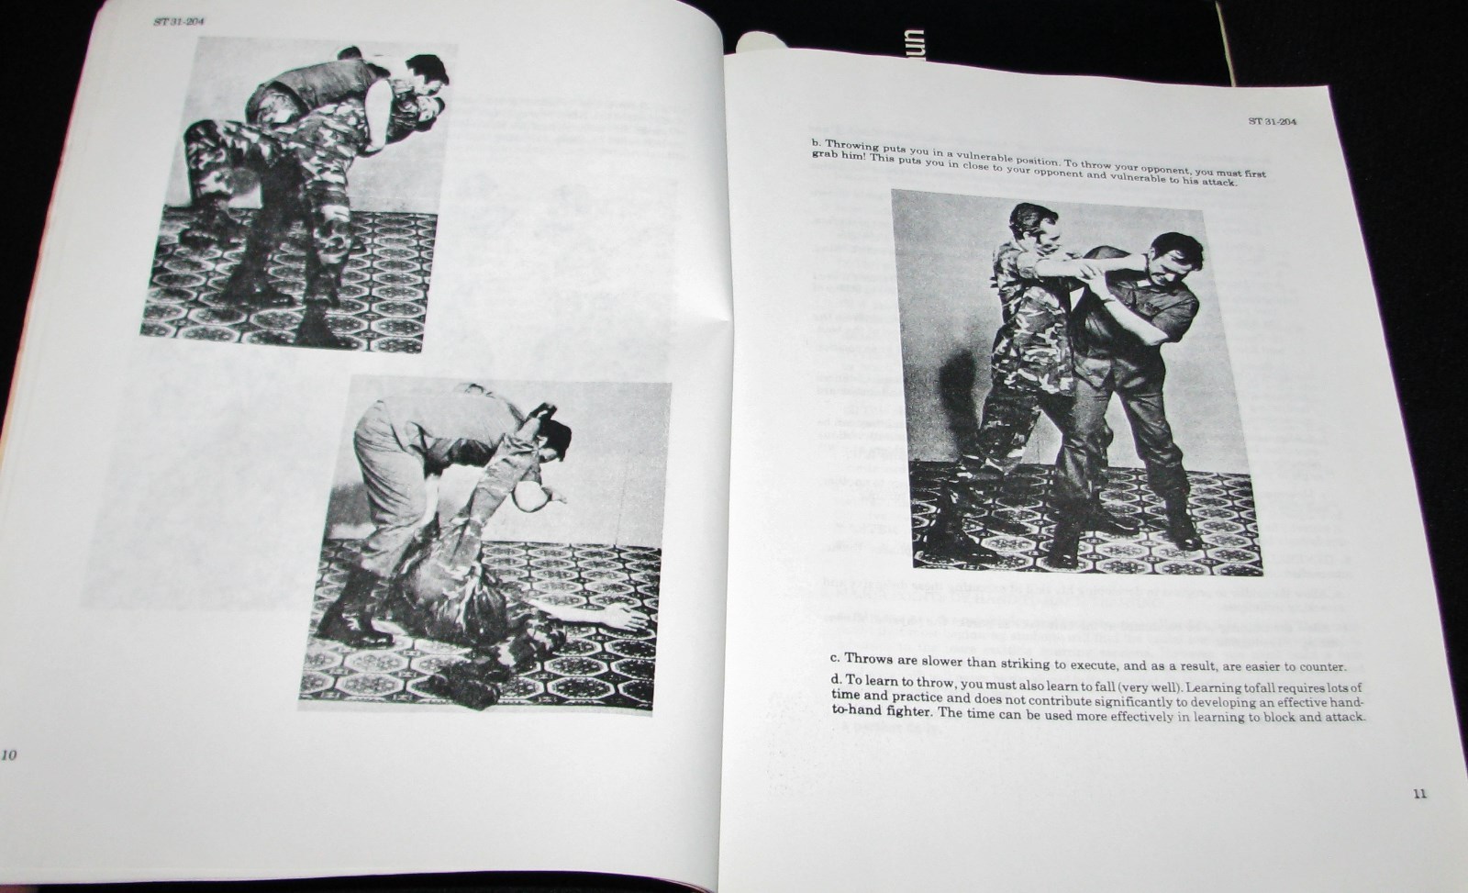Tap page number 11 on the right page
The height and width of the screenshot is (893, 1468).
(1419, 793)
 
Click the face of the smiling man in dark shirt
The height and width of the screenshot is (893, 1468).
(1164, 261)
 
